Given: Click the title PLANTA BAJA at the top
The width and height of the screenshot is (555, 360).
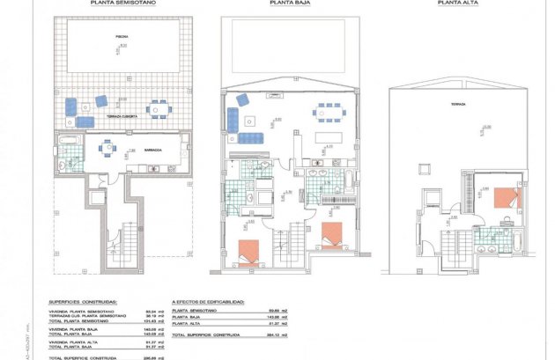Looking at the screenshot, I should tap(285, 4).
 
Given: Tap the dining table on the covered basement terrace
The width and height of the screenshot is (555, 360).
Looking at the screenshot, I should tap(158, 108).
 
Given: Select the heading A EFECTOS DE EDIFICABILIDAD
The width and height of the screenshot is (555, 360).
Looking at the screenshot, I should tap(209, 300).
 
